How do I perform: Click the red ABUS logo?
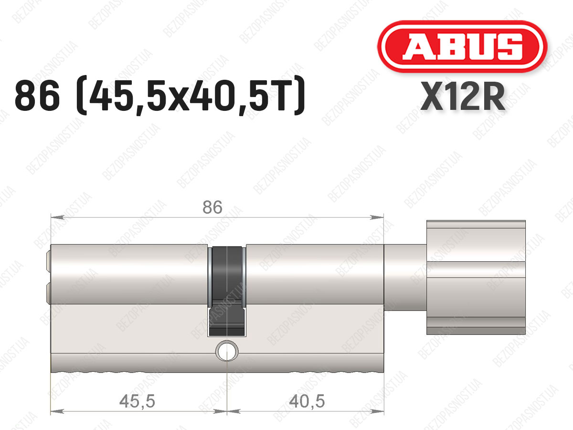tap(462, 46)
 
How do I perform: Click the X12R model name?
tap(462, 97)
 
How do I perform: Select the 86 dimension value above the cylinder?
tap(212, 207)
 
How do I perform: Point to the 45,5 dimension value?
tap(138, 401)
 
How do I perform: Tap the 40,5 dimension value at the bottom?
tap(307, 401)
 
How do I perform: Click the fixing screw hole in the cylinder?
tap(227, 351)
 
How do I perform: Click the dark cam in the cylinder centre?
tap(227, 290)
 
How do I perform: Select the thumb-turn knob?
tap(476, 277)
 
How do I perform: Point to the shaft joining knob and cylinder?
tap(405, 277)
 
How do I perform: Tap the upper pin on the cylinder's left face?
tap(48, 261)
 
